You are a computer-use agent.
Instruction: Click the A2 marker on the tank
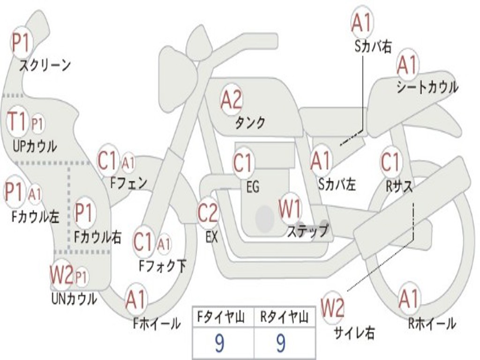pyautogui.click(x=232, y=100)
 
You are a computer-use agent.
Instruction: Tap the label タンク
pyautogui.click(x=250, y=123)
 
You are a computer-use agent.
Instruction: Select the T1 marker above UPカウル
pyautogui.click(x=17, y=121)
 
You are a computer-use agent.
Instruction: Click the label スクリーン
pyautogui.click(x=45, y=65)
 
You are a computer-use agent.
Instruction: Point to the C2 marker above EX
pyautogui.click(x=208, y=212)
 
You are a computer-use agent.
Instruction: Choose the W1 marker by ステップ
pyautogui.click(x=290, y=209)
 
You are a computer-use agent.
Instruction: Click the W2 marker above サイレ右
pyautogui.click(x=332, y=307)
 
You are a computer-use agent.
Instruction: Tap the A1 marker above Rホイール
pyautogui.click(x=408, y=299)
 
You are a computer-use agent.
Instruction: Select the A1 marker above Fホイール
pyautogui.click(x=135, y=300)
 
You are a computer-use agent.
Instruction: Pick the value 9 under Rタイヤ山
pyautogui.click(x=281, y=343)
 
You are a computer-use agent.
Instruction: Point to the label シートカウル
pyautogui.click(x=427, y=87)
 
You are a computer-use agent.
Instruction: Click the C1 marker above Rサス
pyautogui.click(x=390, y=162)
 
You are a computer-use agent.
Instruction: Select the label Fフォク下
pyautogui.click(x=162, y=266)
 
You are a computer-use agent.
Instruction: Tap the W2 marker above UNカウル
pyautogui.click(x=62, y=275)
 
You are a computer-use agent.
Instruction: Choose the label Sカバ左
pyautogui.click(x=337, y=184)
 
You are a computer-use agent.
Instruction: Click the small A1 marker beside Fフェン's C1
pyautogui.click(x=128, y=163)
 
